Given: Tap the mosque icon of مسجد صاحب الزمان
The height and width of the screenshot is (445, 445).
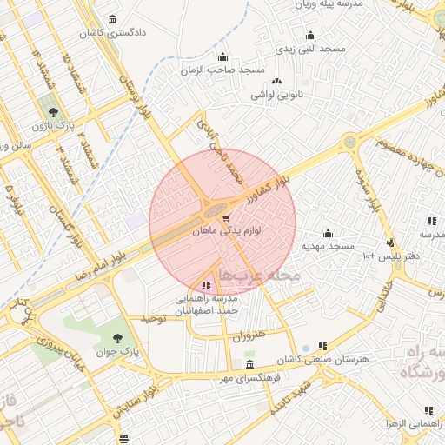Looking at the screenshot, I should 222,57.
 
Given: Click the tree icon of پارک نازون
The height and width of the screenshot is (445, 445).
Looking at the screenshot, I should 55,112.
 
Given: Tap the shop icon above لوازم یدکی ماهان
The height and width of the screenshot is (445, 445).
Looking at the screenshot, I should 226,218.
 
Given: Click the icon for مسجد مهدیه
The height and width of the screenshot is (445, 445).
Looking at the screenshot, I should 328,233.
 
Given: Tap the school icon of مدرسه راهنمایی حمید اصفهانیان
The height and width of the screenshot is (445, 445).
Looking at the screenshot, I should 206,284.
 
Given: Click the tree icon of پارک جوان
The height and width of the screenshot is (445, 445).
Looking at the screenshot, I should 118,337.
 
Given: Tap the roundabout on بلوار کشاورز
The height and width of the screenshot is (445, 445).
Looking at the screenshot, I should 349,141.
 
